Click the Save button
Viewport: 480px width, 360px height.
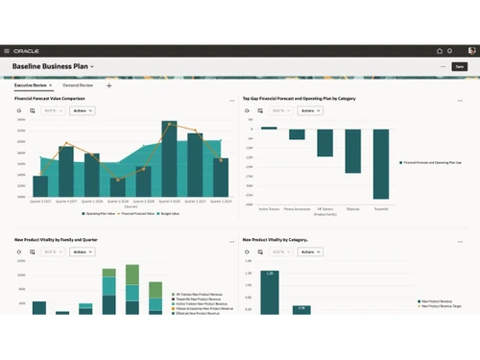coord(460,66)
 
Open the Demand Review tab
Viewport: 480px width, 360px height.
coord(79,85)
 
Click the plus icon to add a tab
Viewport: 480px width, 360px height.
coord(108,85)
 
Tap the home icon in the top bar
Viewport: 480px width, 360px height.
coord(439,51)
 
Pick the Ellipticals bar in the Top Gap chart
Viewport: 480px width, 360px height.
coord(352,148)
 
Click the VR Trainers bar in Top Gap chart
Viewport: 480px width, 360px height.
coord(324,142)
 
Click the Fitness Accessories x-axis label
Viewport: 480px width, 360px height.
coord(298,208)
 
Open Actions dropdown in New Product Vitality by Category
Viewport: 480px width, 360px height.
coord(310,252)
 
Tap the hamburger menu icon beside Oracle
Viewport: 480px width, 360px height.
coord(8,51)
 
